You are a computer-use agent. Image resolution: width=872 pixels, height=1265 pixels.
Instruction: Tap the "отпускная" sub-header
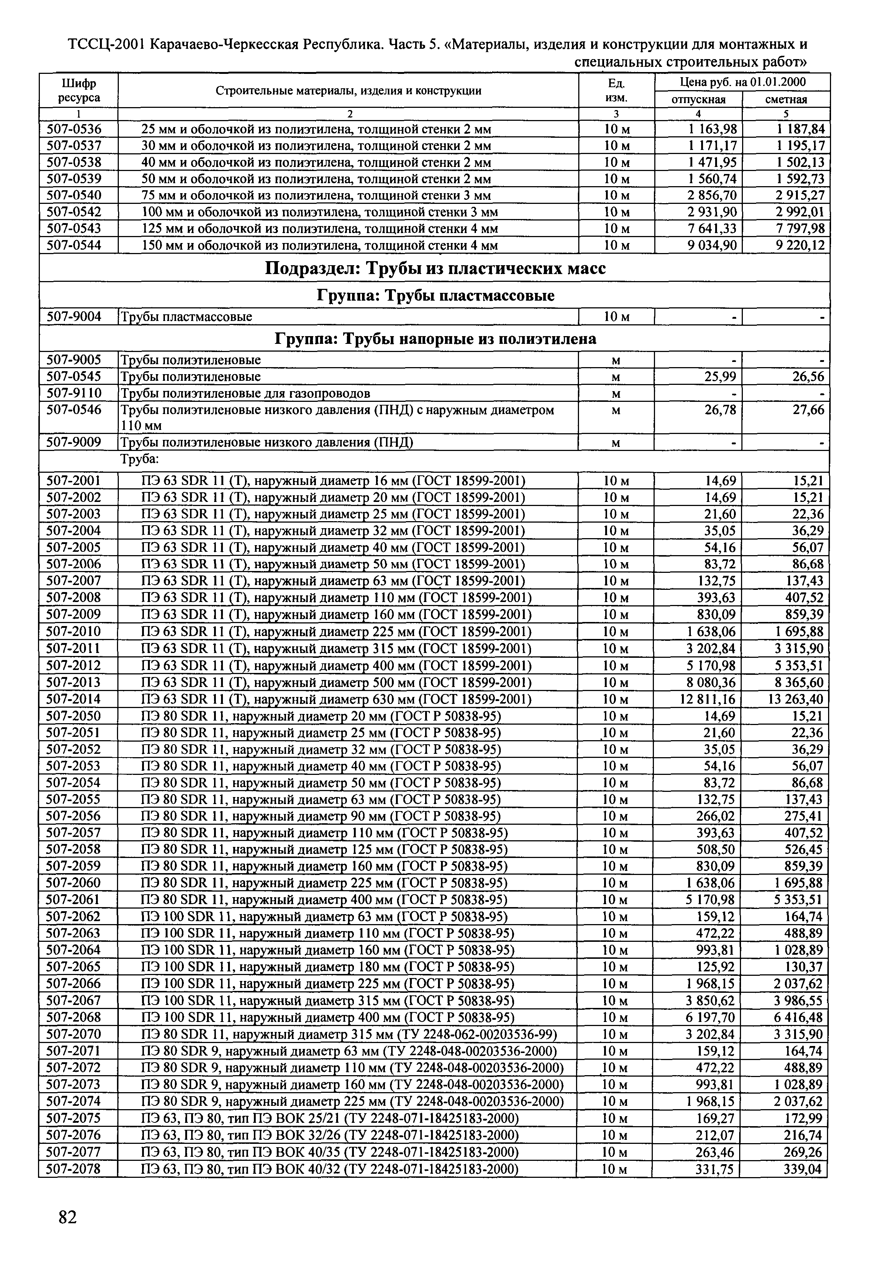pos(698,99)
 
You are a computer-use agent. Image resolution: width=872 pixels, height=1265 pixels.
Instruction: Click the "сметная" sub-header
pos(786,99)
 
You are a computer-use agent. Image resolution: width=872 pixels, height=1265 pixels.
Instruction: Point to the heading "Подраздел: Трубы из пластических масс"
pos(435,269)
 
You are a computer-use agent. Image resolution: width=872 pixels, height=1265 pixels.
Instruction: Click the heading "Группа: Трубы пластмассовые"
pos(435,296)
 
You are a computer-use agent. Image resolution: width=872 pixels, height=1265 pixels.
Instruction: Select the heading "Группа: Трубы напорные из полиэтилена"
pos(435,339)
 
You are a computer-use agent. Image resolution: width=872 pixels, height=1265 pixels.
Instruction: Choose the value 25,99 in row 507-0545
pos(720,377)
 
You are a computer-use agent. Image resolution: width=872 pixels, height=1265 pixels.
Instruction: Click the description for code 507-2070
pos(349,1034)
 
